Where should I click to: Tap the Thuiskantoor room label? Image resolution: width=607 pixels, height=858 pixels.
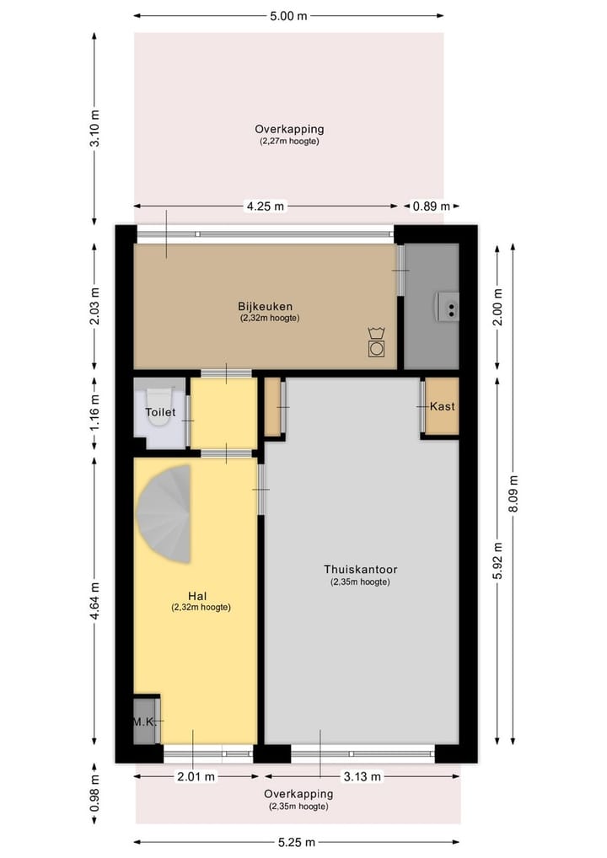(x=360, y=569)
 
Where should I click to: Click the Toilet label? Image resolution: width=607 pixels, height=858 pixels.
(x=160, y=413)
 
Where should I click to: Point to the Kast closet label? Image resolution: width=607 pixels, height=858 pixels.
(x=443, y=406)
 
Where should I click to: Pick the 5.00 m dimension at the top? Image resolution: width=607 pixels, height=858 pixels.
(x=287, y=15)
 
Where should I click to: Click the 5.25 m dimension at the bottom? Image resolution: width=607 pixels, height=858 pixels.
(x=297, y=842)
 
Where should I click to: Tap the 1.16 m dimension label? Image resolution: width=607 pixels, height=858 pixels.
(x=94, y=413)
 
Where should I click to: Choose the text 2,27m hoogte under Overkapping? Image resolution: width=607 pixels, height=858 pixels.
(x=289, y=142)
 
